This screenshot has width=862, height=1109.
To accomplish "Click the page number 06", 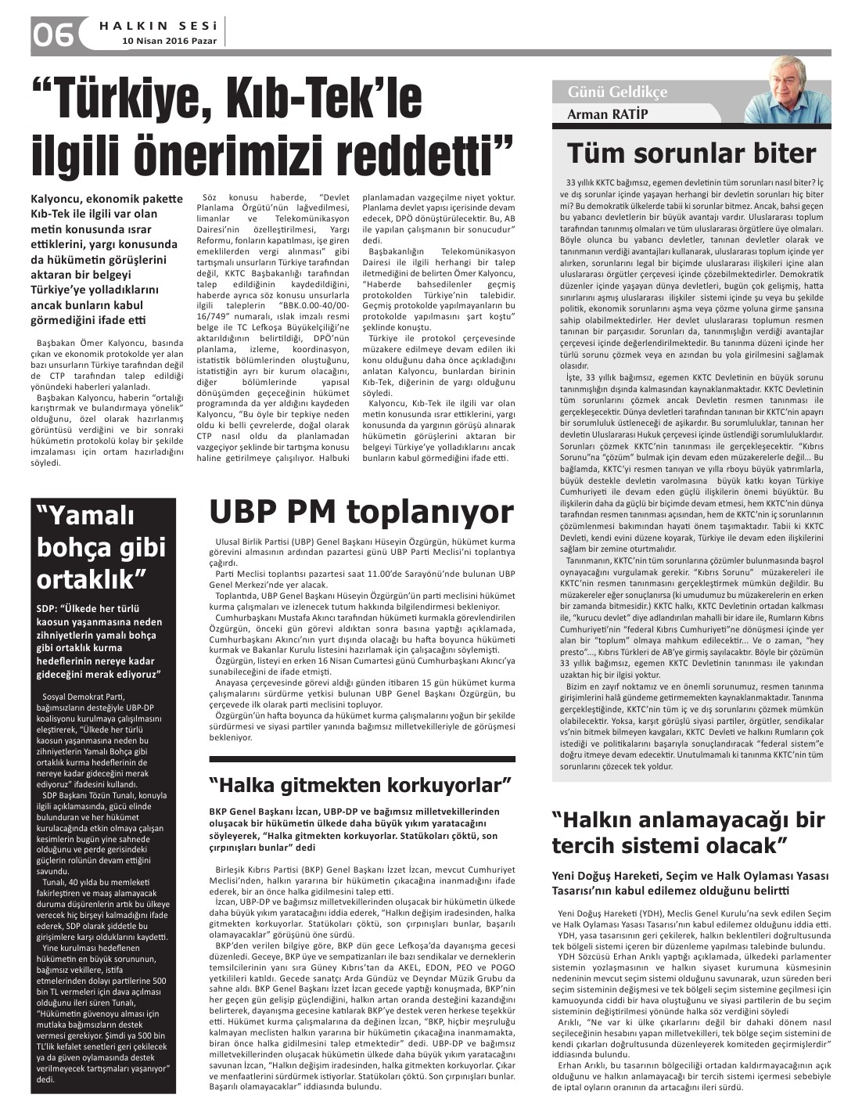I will click(52, 34).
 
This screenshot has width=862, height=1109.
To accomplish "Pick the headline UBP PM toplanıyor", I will click(361, 512).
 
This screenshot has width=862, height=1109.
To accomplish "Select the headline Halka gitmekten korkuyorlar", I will click(361, 784).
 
